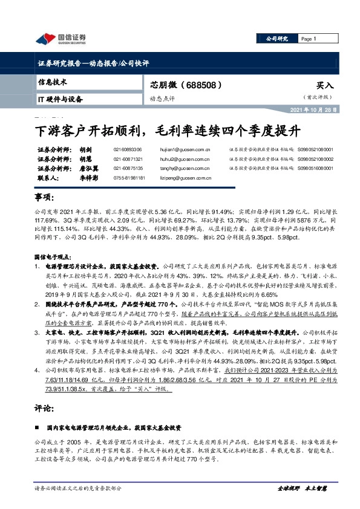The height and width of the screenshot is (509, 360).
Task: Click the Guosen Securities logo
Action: pyautogui.click(x=61, y=39)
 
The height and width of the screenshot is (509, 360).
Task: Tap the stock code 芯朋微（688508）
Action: pyautogui.click(x=181, y=86)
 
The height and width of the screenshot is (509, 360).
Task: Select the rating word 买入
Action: pyautogui.click(x=325, y=86)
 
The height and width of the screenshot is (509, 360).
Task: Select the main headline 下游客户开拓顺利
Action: pyautogui.click(x=166, y=129)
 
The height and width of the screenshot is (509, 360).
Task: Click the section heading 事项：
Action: pyautogui.click(x=47, y=199)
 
